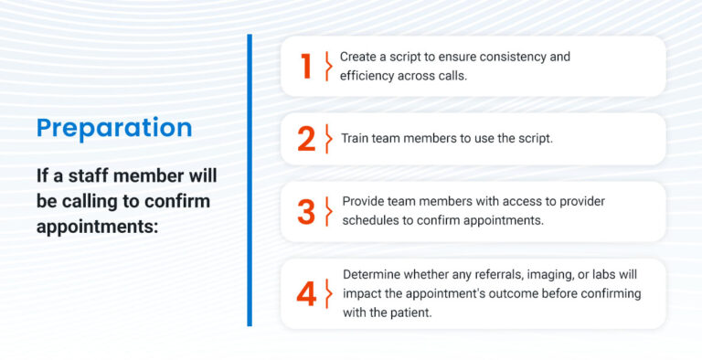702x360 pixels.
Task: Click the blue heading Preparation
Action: click(114, 127)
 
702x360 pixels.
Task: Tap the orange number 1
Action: click(306, 66)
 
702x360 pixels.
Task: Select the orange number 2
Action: click(306, 139)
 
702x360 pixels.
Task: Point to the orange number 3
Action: click(306, 211)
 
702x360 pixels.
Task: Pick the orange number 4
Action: click(306, 293)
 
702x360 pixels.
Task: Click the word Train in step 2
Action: click(356, 139)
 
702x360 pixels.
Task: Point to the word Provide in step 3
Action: click(364, 201)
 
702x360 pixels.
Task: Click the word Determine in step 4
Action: click(373, 274)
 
